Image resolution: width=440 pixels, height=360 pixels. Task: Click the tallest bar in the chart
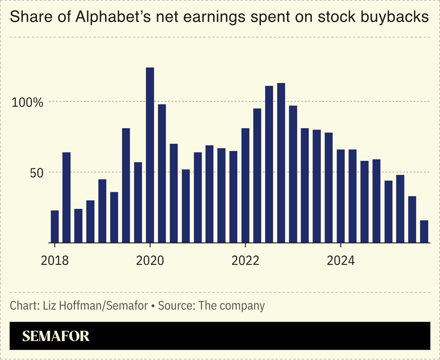tap(150, 155)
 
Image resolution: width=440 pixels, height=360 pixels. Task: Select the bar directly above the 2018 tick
tap(55, 226)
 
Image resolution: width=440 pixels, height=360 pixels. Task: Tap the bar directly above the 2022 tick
tap(245, 185)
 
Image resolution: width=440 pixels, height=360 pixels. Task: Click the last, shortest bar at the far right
tap(424, 231)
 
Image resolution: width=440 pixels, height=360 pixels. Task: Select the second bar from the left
tap(66, 197)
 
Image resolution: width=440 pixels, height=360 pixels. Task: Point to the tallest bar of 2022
tap(281, 163)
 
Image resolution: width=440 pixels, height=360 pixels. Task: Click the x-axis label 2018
tap(55, 261)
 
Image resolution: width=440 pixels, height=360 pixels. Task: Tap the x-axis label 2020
tap(150, 261)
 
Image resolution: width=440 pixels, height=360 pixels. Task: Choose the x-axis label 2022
tap(245, 261)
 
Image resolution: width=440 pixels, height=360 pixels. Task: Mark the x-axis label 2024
tap(340, 261)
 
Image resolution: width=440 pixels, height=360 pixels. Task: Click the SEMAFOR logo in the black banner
tap(56, 336)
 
